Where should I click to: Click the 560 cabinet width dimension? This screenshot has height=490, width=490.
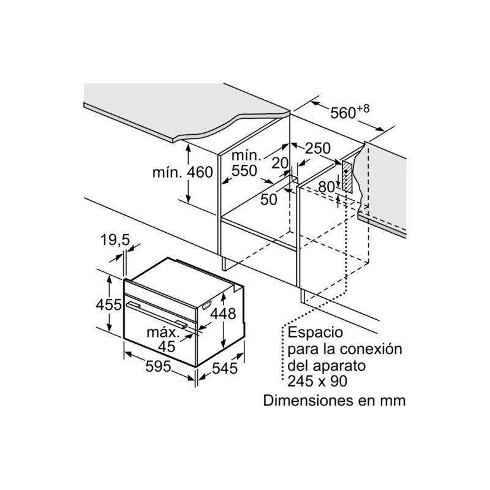pos(343,113)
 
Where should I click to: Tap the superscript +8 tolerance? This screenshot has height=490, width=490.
pos(363,108)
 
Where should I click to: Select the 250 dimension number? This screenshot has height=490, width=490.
pos(317,148)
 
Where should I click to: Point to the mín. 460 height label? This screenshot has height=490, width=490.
pos(183,172)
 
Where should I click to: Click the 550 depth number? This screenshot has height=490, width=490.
pos(244,171)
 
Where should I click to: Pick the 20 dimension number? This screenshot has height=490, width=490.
pos(280,163)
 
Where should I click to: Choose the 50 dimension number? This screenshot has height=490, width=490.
pos(269,200)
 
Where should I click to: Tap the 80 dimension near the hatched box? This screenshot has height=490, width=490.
pos(326,187)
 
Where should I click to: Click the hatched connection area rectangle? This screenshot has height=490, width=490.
pos(347,176)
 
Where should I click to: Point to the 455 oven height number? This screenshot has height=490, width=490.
pos(108,304)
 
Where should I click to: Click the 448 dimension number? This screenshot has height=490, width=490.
pos(223,314)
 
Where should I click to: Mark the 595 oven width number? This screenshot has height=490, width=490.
pos(158,366)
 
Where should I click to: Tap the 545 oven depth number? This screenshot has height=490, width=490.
pos(225,369)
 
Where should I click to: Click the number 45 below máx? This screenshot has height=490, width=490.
pos(167,346)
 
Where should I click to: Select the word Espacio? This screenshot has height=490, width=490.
pos(315,333)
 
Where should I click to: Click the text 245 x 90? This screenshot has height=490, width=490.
pos(317,381)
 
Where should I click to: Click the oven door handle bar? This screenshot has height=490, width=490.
pos(157,315)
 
